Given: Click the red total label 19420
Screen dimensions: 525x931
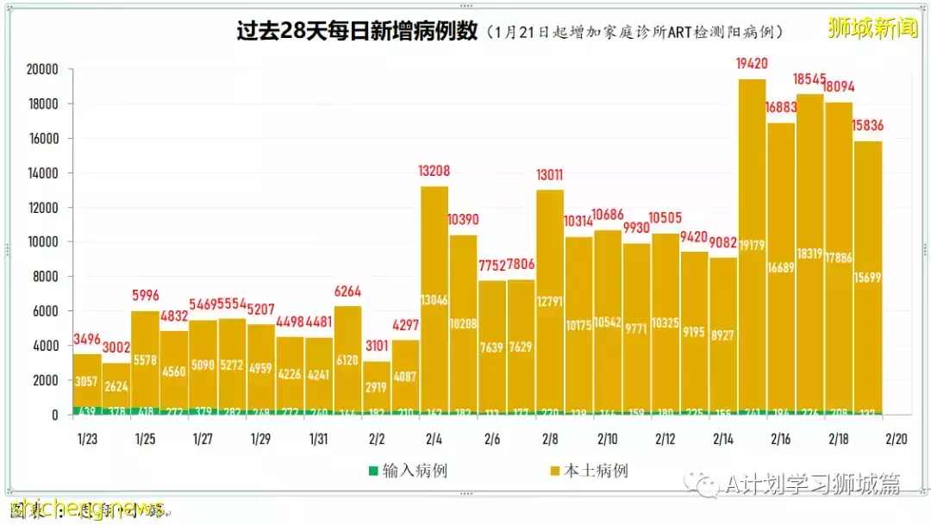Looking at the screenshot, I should [x=752, y=63].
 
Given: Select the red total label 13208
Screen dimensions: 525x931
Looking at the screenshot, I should [x=434, y=171].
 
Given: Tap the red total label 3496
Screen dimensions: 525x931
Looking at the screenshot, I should [x=87, y=339].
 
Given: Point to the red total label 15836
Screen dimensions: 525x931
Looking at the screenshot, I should [x=868, y=126].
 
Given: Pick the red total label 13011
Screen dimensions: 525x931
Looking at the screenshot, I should [x=550, y=174].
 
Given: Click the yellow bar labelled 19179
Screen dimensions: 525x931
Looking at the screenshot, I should [x=752, y=250].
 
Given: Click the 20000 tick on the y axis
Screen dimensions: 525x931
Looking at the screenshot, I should [x=41, y=70].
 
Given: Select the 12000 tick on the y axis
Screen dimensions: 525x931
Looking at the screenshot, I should [x=41, y=208].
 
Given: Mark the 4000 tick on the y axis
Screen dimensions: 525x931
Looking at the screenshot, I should [x=45, y=346].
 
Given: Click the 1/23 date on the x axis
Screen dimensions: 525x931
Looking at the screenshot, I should [x=87, y=439].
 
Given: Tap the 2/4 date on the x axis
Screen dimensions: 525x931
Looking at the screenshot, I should [x=434, y=439].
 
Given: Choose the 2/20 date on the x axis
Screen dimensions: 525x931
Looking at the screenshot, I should [x=897, y=439].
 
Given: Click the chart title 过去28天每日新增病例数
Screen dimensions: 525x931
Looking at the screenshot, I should [x=357, y=31].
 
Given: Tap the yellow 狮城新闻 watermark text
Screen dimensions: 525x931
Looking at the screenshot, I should [x=872, y=28].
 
